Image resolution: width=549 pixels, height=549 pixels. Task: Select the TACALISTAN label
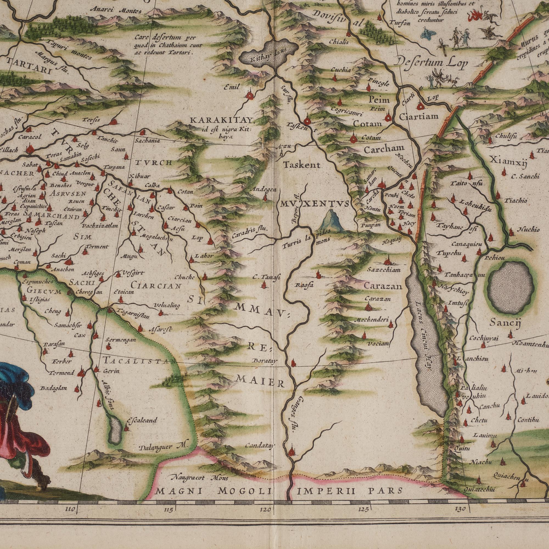click(x=139, y=361)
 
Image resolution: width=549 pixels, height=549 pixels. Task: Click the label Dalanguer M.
click(x=162, y=447)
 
